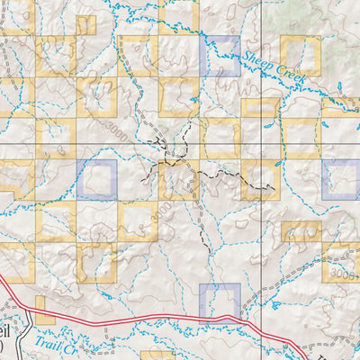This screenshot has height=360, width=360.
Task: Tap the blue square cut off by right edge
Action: click(342, 179)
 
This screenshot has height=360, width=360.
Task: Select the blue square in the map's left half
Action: click(97, 179)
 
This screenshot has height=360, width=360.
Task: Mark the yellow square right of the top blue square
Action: click(300, 55)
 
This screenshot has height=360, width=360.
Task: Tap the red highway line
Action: click(135, 321)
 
